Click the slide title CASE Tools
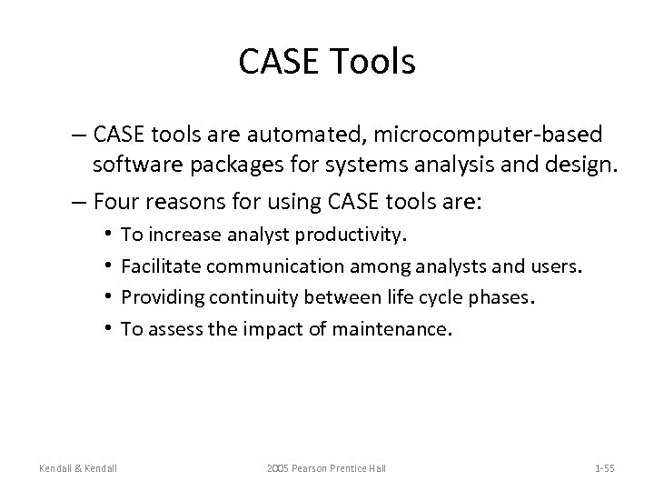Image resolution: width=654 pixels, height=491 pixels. tap(327, 63)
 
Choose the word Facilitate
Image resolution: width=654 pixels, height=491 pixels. tap(161, 266)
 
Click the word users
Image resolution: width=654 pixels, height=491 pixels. tap(558, 266)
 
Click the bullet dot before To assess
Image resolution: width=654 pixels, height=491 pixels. tap(108, 328)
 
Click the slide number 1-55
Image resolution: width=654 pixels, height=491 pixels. tap(604, 468)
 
